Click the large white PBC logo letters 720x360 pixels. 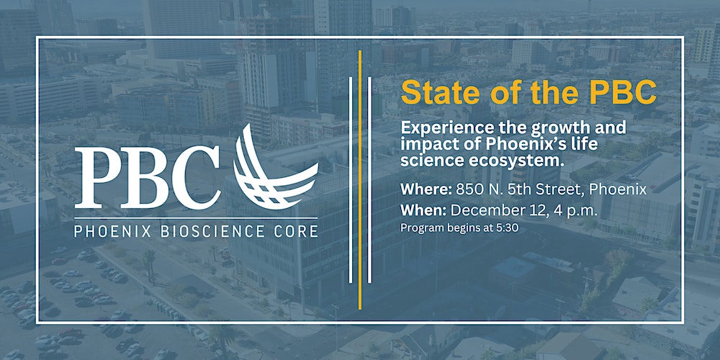[148, 177]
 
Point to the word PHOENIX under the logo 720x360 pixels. [112, 231]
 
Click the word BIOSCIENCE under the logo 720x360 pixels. [212, 231]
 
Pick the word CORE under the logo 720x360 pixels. [296, 231]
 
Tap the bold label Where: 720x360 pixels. [426, 189]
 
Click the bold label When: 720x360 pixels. [423, 211]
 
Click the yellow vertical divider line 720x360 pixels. [360, 179]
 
